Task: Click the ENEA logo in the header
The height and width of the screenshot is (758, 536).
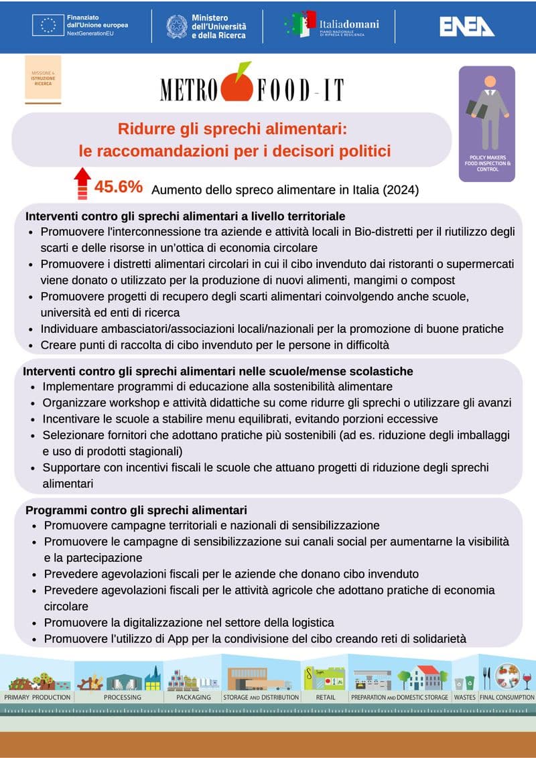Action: point(467,26)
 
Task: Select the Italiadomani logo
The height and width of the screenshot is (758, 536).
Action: point(332,25)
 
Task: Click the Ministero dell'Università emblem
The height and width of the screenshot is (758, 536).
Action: point(177,26)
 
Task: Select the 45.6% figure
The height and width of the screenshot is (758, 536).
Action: point(119,187)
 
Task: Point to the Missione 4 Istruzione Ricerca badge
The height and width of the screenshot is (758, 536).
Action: point(43,79)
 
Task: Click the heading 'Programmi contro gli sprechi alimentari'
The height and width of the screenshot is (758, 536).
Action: point(136,510)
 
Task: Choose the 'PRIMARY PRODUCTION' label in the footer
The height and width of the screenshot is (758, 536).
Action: point(38,697)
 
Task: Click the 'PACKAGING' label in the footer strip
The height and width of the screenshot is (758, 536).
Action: point(194,697)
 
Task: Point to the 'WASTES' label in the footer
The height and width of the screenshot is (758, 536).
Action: point(464,697)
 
